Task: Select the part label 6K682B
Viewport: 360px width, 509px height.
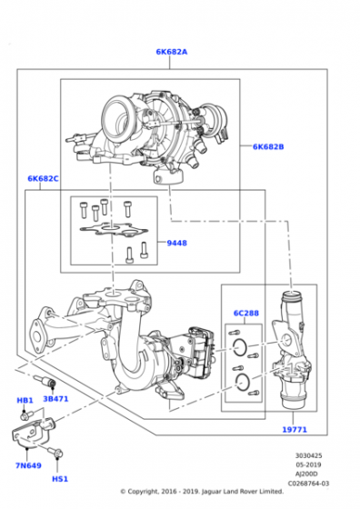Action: point(268,146)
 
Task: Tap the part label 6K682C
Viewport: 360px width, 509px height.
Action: point(43,179)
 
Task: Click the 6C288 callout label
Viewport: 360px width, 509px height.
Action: point(245,314)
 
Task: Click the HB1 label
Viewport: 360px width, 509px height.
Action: point(25,400)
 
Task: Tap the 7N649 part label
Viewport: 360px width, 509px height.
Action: point(29,464)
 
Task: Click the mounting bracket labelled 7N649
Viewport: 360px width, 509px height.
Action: point(34,433)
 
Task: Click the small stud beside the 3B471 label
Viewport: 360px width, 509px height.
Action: point(48,379)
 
